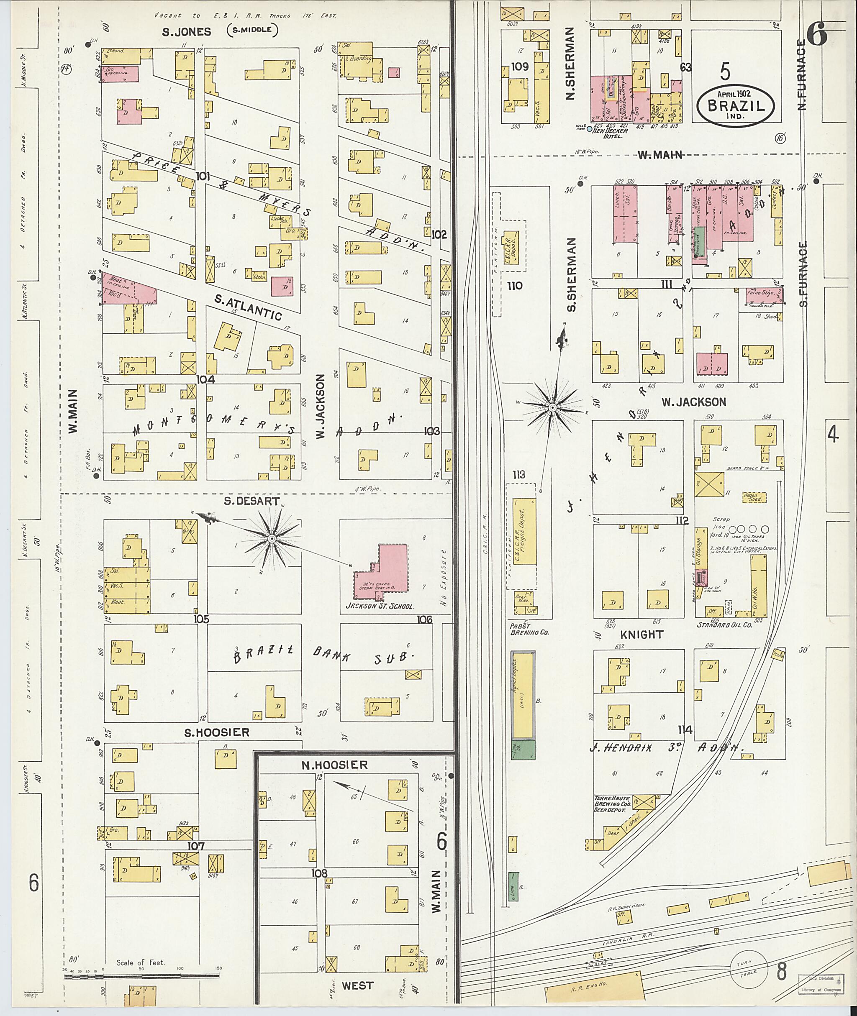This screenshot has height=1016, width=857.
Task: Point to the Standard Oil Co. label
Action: point(724,625)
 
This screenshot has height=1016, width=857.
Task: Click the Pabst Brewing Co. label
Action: point(529,630)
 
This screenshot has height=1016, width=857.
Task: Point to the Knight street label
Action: point(642,634)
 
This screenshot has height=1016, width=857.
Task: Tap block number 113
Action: point(519,474)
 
